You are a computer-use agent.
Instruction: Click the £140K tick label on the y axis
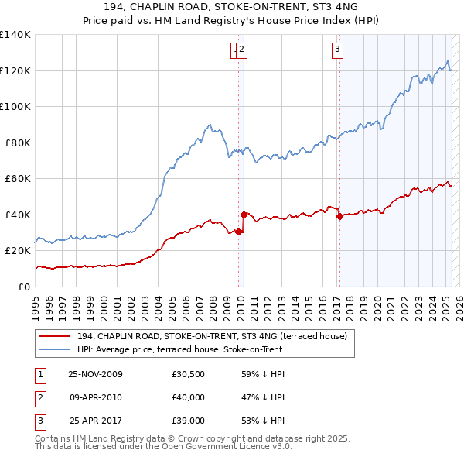(x=15, y=35)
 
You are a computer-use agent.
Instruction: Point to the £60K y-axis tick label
(x=18, y=179)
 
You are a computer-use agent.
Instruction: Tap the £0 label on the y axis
(x=25, y=287)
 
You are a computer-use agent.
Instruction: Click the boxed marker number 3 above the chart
(x=338, y=50)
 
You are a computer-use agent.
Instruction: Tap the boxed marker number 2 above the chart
(x=241, y=50)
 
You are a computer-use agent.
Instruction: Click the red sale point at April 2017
(x=339, y=217)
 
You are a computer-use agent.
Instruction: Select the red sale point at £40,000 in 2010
(x=244, y=215)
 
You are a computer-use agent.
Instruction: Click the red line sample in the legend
(x=54, y=336)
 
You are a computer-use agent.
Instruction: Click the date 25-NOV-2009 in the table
(x=96, y=374)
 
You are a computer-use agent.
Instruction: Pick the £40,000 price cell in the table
(x=189, y=398)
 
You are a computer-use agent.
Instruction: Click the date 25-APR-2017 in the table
(x=96, y=422)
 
